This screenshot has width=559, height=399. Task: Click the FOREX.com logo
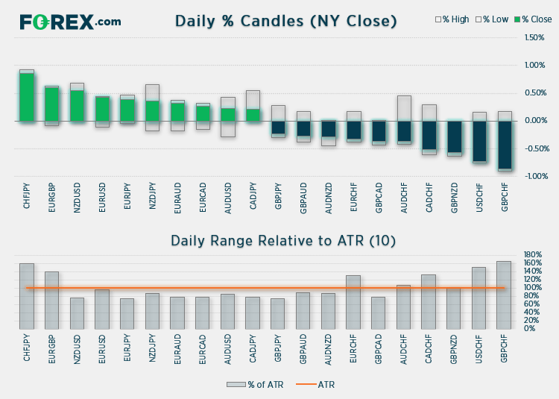pos(70,22)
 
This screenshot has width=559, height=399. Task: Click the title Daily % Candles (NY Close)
pos(285,21)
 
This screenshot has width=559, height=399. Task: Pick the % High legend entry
pos(452,19)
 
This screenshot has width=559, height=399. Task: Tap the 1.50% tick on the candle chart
pos(534,37)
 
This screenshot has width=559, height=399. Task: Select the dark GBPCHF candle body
pos(505,145)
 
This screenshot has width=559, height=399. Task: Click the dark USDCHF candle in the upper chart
pos(480,141)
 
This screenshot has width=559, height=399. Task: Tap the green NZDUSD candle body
pos(77,106)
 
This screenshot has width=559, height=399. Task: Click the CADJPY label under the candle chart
pos(253,196)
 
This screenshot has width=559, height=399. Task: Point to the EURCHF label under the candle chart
pos(353,196)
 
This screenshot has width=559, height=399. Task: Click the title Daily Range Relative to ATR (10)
pos(283,240)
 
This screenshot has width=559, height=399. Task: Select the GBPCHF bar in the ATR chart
pos(504,295)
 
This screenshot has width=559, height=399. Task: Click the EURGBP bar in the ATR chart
pos(51,300)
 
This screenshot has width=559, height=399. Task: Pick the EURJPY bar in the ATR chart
pos(127,313)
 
